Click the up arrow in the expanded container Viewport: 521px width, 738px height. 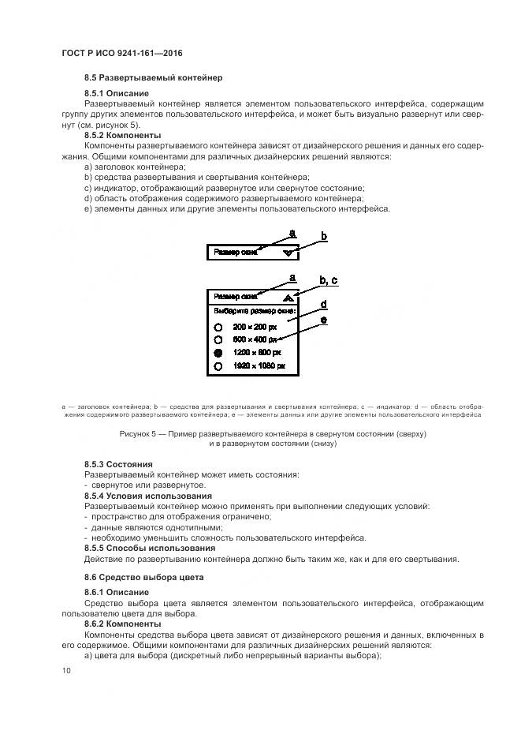(292, 297)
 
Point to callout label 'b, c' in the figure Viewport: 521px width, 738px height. (329, 281)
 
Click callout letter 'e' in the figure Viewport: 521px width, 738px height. (323, 320)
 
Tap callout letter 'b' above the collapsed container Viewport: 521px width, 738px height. (323, 236)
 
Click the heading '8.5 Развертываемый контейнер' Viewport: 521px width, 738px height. (153, 77)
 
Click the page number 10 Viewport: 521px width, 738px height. (66, 670)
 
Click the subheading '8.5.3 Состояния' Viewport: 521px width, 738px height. (118, 464)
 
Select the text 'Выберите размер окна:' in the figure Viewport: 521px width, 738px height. (249, 311)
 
